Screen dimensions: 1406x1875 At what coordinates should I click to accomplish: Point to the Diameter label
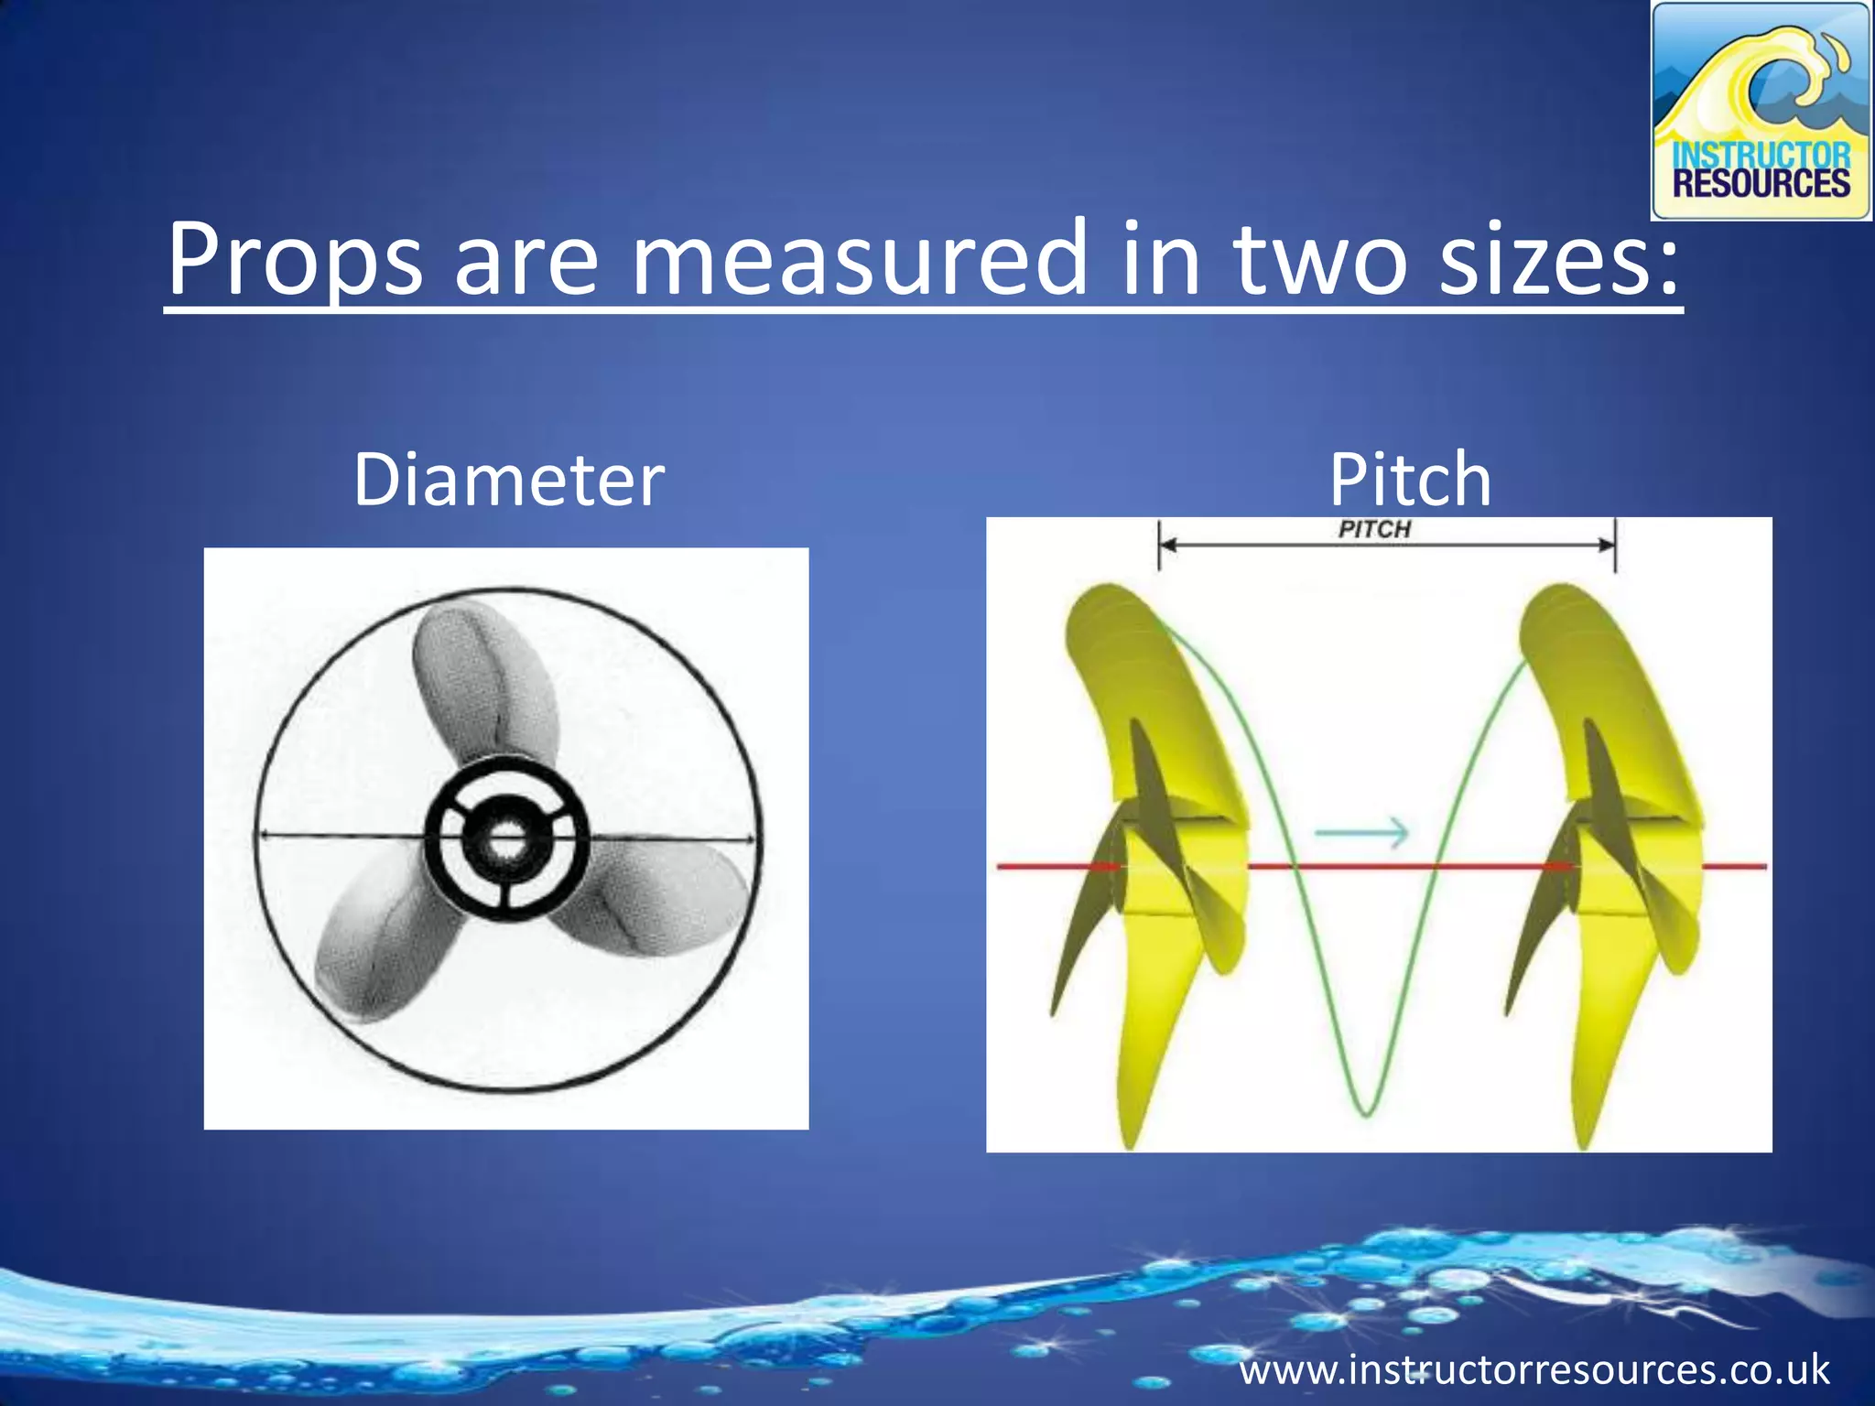point(508,480)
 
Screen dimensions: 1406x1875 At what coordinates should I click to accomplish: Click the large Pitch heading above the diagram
point(1410,480)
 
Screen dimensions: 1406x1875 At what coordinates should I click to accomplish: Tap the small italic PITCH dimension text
point(1374,529)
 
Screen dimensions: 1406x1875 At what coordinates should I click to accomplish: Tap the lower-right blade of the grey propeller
point(659,902)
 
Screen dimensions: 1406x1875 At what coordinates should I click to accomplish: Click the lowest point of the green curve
point(1365,1113)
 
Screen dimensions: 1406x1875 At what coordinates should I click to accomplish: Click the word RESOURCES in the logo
point(1761,184)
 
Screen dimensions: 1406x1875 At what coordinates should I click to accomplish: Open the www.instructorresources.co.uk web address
point(1534,1370)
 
